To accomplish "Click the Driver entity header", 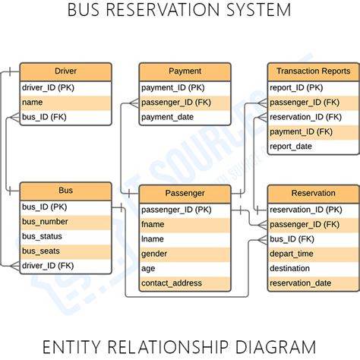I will coord(65,71).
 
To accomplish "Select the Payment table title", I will coord(185,71).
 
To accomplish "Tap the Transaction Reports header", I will coord(313,71).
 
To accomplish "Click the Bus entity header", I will coord(65,191).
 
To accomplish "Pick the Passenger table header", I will coord(185,194).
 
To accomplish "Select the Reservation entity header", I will coord(313,194).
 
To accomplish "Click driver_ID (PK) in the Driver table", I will coord(49,87).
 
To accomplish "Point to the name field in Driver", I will coord(32,102).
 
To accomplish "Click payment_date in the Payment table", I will coord(168,117).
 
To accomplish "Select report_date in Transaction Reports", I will coord(291,147).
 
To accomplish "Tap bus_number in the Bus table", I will coord(45,221).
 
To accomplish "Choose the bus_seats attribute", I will coord(42,251).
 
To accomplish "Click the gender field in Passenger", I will coord(155,254).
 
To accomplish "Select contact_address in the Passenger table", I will coord(172,283).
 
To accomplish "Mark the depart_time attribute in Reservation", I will coord(292,254).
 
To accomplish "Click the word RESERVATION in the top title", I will coord(166,11).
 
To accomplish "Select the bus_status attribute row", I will coord(43,236).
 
